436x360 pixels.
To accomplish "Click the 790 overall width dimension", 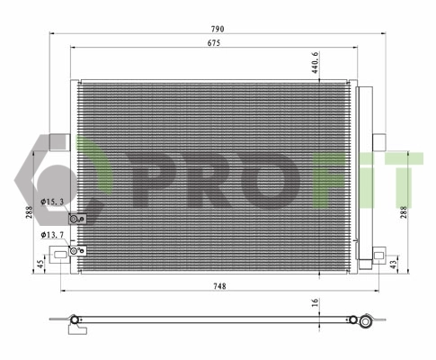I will [x=217, y=30].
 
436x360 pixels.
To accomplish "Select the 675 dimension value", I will [x=214, y=43].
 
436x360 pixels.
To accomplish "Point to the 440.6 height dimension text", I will [x=316, y=62].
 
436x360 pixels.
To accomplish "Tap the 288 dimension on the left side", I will [x=31, y=212].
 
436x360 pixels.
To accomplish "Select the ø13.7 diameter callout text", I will [x=54, y=236].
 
